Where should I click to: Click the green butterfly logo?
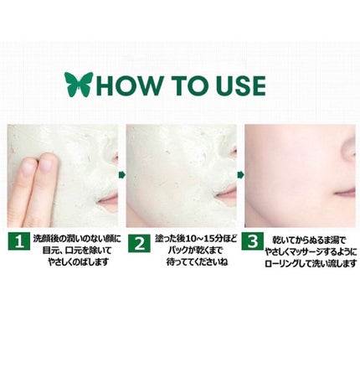(79, 84)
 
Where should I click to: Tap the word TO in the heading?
(190, 85)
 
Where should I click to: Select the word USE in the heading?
(241, 85)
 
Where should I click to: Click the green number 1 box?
(18, 241)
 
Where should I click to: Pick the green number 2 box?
(140, 243)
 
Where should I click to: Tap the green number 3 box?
(253, 240)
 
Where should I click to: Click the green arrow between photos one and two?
(121, 175)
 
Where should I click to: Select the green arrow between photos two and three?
(241, 175)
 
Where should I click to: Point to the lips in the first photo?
(108, 199)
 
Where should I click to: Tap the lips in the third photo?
(345, 193)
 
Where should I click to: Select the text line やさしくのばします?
(78, 262)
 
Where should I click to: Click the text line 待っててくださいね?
(197, 262)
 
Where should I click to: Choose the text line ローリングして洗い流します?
(311, 264)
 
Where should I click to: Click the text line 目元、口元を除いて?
(77, 251)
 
